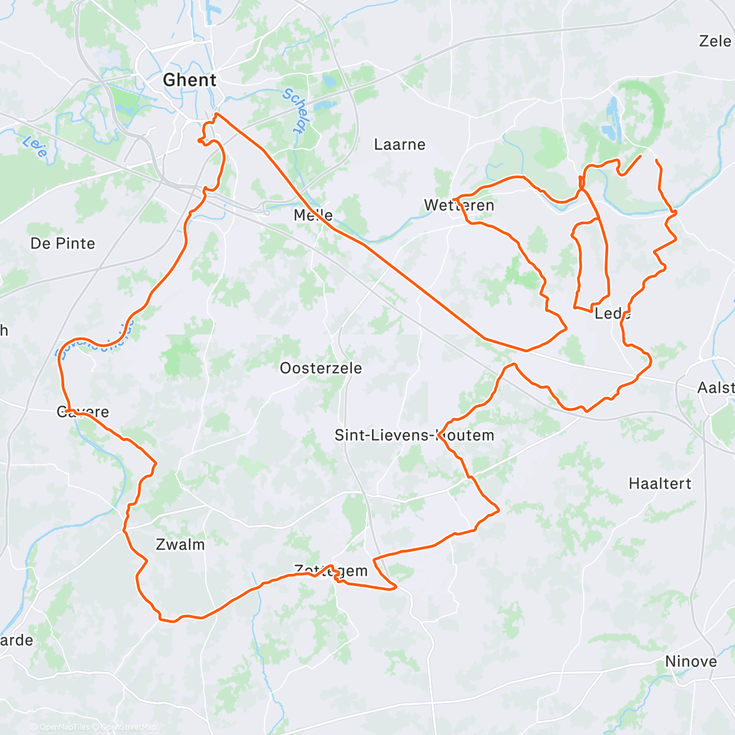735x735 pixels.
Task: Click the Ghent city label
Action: coord(189,80)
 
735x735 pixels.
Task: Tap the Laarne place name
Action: coord(399,145)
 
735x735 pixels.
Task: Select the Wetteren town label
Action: coord(459,205)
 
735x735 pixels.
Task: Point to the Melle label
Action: coord(313,215)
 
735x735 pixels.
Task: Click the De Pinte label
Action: coord(62,244)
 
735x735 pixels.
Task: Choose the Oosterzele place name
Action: coord(320,368)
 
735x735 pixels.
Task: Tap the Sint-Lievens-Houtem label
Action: coord(413,435)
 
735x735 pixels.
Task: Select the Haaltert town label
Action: coord(660,484)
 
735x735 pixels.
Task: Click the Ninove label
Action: coord(690,661)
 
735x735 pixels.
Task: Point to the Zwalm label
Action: coord(180,545)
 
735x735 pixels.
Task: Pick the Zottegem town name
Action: coord(331,571)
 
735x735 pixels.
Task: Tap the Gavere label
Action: coord(83,412)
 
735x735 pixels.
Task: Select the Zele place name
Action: coord(715,41)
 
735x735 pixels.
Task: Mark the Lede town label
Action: coord(612,314)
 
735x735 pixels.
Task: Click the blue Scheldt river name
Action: coord(293,111)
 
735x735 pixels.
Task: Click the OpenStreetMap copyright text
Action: coord(125,727)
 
